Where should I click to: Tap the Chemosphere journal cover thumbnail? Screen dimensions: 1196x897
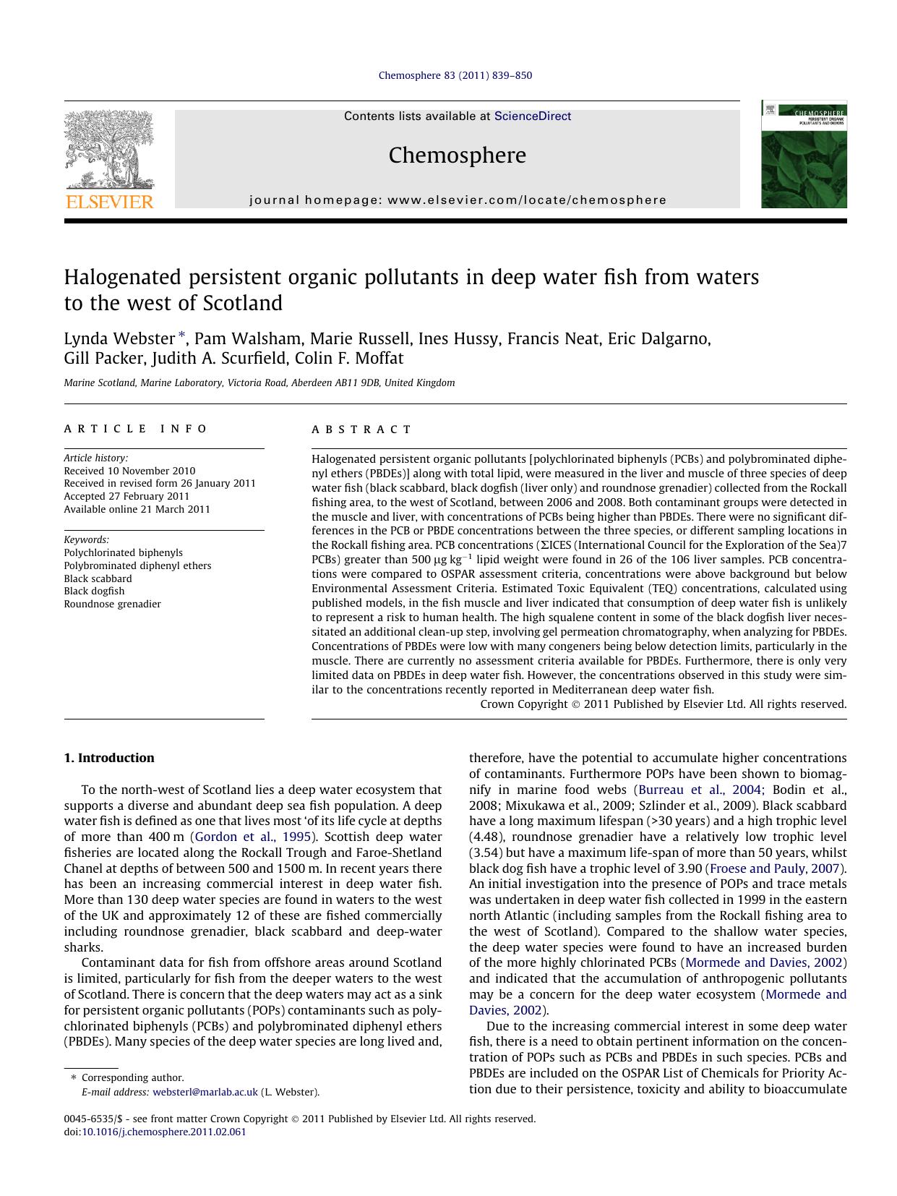click(x=803, y=155)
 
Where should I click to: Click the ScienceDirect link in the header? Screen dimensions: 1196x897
click(x=532, y=116)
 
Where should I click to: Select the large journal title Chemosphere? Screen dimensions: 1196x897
click(x=457, y=155)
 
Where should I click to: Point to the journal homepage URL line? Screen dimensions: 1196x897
click(x=458, y=200)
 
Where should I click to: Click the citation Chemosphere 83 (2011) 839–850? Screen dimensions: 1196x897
click(x=455, y=75)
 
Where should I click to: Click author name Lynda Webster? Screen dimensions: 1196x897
click(x=119, y=338)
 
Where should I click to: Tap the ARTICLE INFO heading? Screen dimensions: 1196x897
click(x=136, y=429)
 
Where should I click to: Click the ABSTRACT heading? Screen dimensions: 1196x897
click(x=361, y=430)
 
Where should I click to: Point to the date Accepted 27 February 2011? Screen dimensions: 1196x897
click(x=126, y=496)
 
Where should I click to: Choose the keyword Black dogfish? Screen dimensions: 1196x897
click(x=94, y=591)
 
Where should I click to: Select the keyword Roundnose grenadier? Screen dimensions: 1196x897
click(x=112, y=604)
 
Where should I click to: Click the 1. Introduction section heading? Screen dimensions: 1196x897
click(x=109, y=758)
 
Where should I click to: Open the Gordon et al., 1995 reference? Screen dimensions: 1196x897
click(x=253, y=837)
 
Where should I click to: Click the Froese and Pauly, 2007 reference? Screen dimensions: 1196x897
click(x=776, y=868)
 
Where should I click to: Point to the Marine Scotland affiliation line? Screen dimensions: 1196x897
click(x=259, y=383)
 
